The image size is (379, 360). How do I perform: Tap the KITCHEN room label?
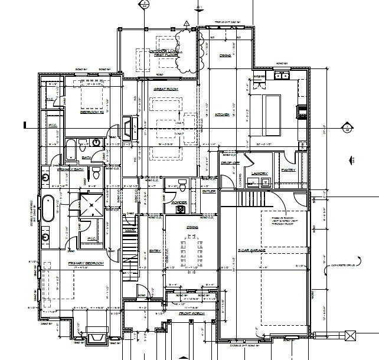coord(222,114)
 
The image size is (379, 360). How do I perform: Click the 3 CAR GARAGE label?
coord(251,251)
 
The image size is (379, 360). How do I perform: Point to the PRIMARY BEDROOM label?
coord(86,263)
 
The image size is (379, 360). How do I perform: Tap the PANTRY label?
coord(289,169)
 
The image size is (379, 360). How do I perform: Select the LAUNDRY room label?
coord(260,174)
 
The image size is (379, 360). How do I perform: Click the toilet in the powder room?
coord(182,187)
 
